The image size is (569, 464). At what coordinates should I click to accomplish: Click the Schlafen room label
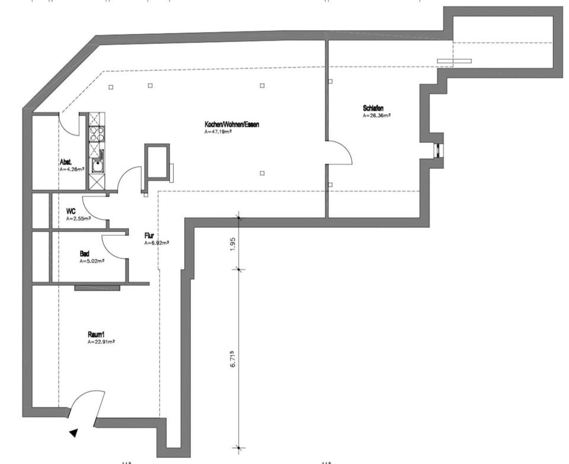click(x=373, y=108)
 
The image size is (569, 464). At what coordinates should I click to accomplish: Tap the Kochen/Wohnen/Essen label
click(x=232, y=124)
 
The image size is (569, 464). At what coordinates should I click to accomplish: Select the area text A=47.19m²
click(x=218, y=132)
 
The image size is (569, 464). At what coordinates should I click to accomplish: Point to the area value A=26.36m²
click(x=377, y=116)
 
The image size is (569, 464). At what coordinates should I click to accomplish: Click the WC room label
click(x=71, y=211)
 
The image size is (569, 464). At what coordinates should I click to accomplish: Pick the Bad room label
click(x=85, y=254)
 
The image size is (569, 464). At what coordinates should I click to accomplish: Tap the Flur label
click(x=149, y=235)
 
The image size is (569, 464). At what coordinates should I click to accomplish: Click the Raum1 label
click(x=96, y=335)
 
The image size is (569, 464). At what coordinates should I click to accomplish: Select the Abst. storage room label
click(x=66, y=162)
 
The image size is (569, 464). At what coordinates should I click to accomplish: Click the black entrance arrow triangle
click(x=74, y=433)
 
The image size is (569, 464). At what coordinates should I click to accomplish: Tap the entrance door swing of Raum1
click(x=87, y=403)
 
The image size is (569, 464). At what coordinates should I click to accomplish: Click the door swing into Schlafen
click(x=342, y=152)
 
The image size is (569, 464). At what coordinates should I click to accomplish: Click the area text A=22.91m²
click(x=101, y=342)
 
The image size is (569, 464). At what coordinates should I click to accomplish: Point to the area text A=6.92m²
click(x=156, y=243)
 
